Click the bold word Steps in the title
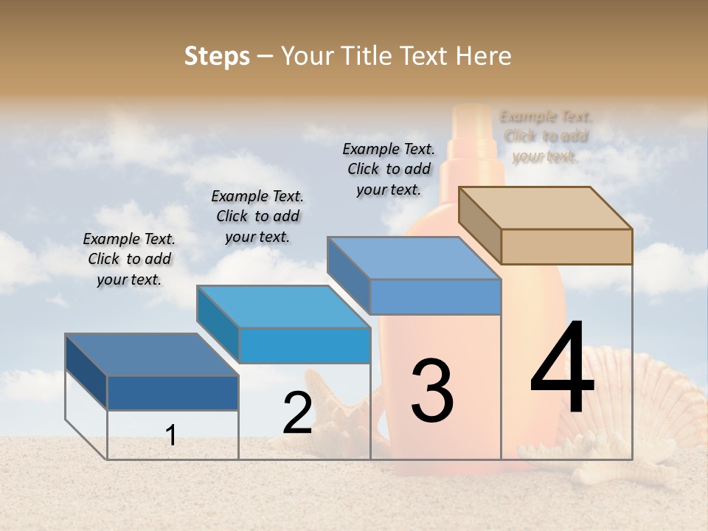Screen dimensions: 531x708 coord(217,56)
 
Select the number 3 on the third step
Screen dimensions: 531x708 coord(432,390)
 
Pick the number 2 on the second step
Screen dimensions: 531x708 coord(298,414)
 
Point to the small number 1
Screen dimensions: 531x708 coord(171,435)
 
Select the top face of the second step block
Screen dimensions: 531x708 coord(284,307)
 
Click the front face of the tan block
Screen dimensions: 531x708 coord(566,246)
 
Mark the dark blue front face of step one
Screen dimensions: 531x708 coord(173,392)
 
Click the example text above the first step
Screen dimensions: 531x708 coord(129,259)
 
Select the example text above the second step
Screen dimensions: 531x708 coord(257,216)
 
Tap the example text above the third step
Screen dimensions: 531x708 coord(389,169)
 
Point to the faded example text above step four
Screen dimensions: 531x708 coord(546,136)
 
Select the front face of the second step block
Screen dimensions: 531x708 coord(305,345)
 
